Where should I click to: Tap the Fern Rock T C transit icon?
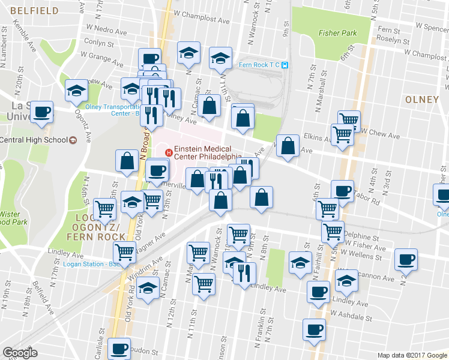tap(286, 65)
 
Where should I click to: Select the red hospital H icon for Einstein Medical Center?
tap(169, 152)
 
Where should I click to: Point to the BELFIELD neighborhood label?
tap(34, 11)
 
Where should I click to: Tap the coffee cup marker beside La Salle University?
tap(42, 112)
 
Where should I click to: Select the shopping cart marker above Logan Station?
tap(125, 251)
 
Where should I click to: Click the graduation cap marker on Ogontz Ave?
tap(76, 91)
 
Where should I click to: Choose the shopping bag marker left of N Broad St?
tap(127, 161)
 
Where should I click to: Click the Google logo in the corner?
tap(20, 353)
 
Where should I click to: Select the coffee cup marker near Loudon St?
tap(119, 347)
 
